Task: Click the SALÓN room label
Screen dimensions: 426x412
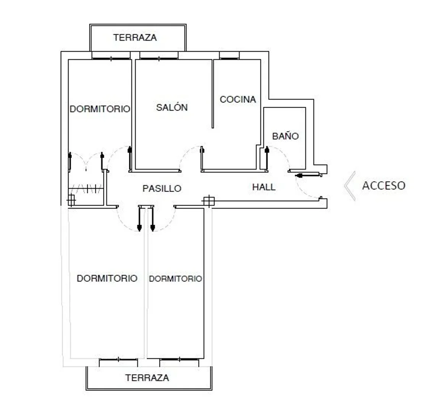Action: [172, 108]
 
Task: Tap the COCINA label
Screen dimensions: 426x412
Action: [238, 100]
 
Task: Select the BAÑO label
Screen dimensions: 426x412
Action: [285, 136]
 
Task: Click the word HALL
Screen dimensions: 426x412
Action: [264, 187]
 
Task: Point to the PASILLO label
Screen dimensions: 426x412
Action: [162, 188]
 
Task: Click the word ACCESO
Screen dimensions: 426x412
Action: [384, 186]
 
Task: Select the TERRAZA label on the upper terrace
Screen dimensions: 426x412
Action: [135, 37]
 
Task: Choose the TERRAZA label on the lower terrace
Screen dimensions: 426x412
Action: [147, 378]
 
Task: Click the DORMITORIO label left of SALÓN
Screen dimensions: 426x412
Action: [100, 109]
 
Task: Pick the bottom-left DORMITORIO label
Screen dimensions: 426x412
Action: [107, 278]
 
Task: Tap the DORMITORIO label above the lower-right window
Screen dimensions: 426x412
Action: [176, 278]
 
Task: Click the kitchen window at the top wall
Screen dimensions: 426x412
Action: [229, 55]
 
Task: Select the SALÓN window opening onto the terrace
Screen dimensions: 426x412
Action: [159, 55]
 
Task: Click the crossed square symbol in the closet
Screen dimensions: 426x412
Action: [71, 200]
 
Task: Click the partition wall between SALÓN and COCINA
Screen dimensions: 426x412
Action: [213, 94]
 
